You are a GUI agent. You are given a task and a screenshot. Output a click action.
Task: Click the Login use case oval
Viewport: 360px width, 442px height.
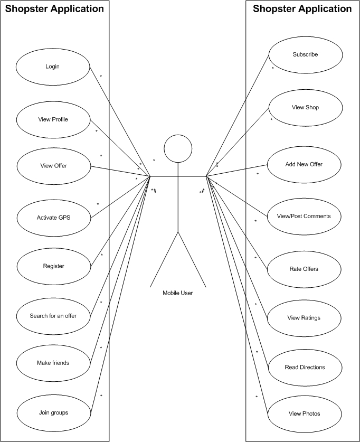point(53,67)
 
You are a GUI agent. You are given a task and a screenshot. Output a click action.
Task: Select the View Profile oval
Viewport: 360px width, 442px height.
point(53,119)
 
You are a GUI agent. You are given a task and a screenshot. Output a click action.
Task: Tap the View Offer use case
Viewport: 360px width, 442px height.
point(53,166)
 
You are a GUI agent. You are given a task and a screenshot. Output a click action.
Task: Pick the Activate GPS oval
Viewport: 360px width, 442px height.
point(53,217)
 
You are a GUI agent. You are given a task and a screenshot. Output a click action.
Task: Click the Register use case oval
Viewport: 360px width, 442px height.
point(53,266)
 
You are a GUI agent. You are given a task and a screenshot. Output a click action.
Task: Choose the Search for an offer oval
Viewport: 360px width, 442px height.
point(53,316)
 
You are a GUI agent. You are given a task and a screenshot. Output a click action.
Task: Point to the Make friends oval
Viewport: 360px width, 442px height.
point(53,363)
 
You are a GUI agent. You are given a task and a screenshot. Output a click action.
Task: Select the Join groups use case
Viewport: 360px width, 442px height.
point(53,412)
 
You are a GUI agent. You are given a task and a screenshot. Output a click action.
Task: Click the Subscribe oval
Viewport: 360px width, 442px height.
point(305,54)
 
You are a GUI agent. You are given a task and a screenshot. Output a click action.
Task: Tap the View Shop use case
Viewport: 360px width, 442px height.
point(305,107)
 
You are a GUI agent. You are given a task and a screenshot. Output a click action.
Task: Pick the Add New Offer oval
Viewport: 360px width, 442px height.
point(304,164)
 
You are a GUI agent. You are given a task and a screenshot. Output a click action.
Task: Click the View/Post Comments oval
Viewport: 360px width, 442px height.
point(304,216)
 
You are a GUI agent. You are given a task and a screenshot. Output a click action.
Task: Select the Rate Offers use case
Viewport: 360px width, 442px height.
point(304,269)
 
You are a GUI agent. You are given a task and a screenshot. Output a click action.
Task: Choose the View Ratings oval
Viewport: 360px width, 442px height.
point(304,317)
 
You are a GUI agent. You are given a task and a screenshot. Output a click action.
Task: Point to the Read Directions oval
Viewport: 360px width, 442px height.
point(305,367)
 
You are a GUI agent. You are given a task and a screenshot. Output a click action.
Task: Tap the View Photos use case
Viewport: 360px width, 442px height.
point(305,413)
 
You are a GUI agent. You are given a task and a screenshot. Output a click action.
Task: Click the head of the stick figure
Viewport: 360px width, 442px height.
point(178,148)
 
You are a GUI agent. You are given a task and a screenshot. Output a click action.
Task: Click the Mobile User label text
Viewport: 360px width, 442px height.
point(177,293)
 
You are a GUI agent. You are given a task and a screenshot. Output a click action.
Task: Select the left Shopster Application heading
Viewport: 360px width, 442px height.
point(54,9)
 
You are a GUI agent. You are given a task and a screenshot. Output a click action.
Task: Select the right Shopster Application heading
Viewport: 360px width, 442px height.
point(302,9)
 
